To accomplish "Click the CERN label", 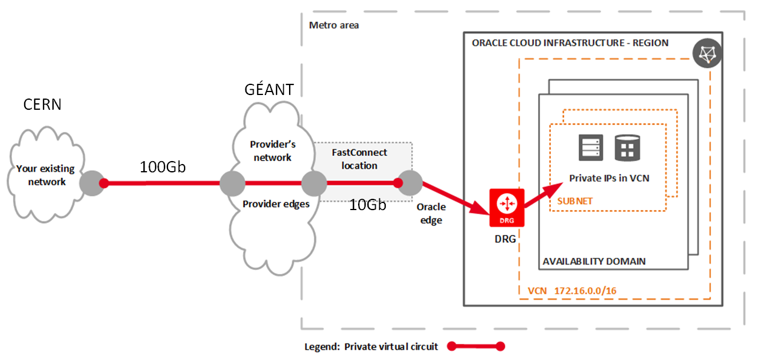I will click(42, 105).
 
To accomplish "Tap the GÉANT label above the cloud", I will click(269, 90).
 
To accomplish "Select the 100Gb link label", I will click(163, 167).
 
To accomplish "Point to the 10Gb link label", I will click(367, 205).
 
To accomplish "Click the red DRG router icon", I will click(506, 208).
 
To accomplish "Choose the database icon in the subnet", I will click(627, 148).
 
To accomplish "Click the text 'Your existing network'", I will click(45, 175).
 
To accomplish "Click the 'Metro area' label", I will click(334, 25).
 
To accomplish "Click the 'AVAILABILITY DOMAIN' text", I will click(594, 261).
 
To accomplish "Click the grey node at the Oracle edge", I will click(409, 183).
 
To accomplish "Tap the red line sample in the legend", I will click(476, 346).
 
